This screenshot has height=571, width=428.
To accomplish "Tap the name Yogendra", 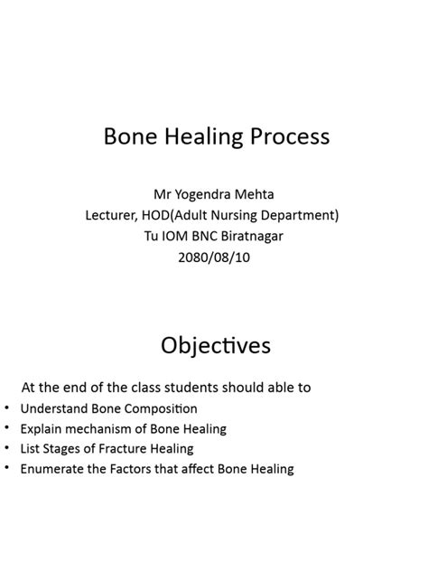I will (212, 194).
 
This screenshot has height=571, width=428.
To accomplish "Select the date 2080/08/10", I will (214, 257).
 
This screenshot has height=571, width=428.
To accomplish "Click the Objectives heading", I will (215, 346).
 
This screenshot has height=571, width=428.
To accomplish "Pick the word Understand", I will (55, 408).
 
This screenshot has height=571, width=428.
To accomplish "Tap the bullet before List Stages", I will (7, 448).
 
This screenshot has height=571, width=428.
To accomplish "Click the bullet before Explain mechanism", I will (7, 428).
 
